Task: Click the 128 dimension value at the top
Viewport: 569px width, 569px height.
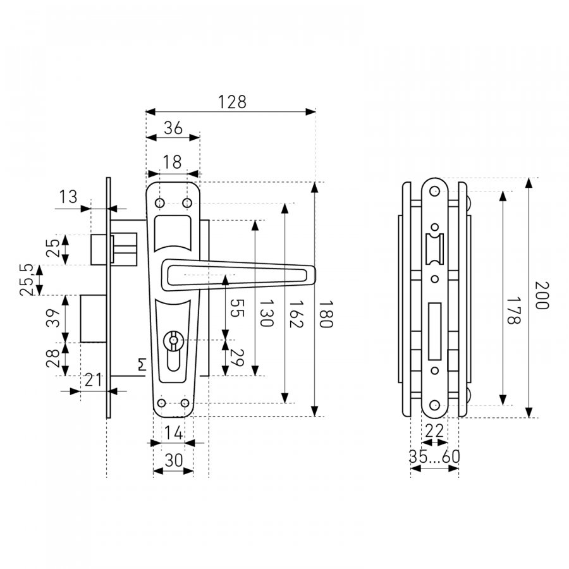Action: pos(232,102)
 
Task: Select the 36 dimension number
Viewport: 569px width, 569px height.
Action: pos(173,128)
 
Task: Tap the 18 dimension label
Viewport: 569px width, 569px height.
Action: pos(172,162)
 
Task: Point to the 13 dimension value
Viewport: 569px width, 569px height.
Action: pos(68,197)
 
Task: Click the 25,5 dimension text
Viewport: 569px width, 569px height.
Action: pos(27,280)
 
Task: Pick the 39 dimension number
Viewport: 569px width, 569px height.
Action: pos(53,318)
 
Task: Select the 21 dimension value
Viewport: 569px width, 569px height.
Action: pos(93,381)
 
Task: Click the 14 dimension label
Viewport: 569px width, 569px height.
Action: pos(174,433)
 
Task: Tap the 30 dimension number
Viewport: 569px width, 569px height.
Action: pos(174,460)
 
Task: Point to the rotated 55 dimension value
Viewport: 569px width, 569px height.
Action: pos(237,308)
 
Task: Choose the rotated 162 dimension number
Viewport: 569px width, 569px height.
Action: pos(296,314)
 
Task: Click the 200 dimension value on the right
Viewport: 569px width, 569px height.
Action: pos(542,295)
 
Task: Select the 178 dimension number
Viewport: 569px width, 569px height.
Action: pos(513,310)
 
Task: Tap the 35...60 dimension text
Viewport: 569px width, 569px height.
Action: pos(434,456)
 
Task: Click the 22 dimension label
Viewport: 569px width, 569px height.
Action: pos(434,431)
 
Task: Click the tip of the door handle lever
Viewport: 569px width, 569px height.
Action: pos(315,275)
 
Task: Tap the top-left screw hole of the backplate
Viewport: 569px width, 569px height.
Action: pos(160,203)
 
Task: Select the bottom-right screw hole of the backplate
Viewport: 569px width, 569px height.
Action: pos(185,403)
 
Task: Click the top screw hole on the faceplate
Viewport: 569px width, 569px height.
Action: pos(434,191)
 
